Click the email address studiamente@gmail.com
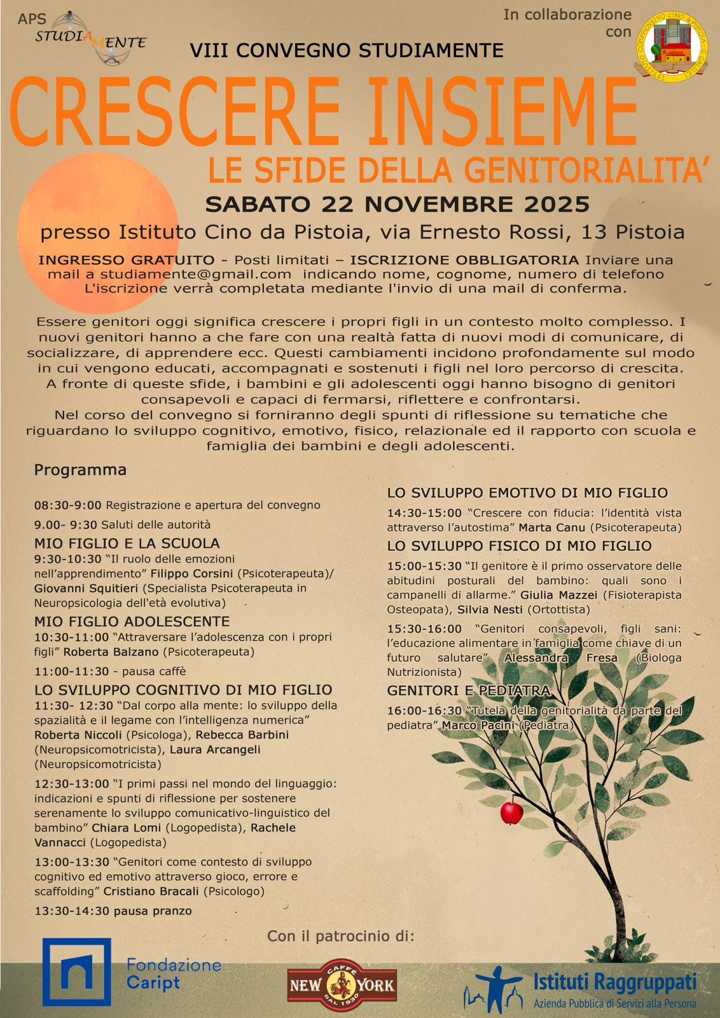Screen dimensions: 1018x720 pyautogui.click(x=195, y=274)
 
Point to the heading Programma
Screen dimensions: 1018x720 pyautogui.click(x=80, y=470)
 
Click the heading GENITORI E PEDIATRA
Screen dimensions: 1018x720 pyautogui.click(x=469, y=691)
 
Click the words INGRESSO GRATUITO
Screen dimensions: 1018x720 pyautogui.click(x=126, y=260)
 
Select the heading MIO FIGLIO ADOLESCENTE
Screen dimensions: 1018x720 pyautogui.click(x=132, y=621)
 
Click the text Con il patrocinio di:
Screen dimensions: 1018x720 pyautogui.click(x=340, y=936)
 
